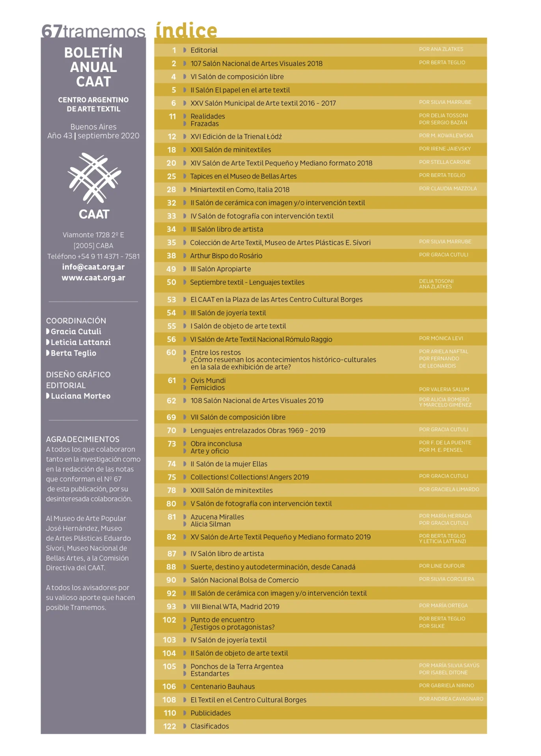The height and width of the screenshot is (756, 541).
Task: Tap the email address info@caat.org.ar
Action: click(93, 267)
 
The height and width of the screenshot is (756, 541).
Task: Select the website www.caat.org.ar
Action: click(93, 278)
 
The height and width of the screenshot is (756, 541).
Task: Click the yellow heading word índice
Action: click(186, 30)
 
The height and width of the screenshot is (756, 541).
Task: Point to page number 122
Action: click(170, 726)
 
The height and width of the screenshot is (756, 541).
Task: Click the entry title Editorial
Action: click(204, 50)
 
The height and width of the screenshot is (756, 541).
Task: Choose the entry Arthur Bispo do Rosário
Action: click(226, 256)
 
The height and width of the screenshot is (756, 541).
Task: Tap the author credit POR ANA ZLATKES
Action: click(441, 49)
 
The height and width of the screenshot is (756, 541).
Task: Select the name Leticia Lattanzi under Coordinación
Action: click(80, 342)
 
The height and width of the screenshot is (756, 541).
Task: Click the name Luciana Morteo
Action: click(80, 396)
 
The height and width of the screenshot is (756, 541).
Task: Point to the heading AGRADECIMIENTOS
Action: click(82, 439)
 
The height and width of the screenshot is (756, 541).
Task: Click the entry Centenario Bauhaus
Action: click(222, 686)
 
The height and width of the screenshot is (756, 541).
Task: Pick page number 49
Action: click(171, 269)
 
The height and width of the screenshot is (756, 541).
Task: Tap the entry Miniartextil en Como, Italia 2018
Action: click(240, 189)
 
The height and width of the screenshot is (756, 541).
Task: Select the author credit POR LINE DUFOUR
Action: click(442, 566)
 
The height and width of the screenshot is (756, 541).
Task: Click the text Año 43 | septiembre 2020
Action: click(93, 135)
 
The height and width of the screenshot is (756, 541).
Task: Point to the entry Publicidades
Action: click(211, 713)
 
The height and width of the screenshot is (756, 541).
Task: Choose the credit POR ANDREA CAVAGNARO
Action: click(451, 699)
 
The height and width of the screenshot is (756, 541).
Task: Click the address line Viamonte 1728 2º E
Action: click(93, 235)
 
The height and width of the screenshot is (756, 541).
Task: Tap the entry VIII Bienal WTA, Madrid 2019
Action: click(235, 606)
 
